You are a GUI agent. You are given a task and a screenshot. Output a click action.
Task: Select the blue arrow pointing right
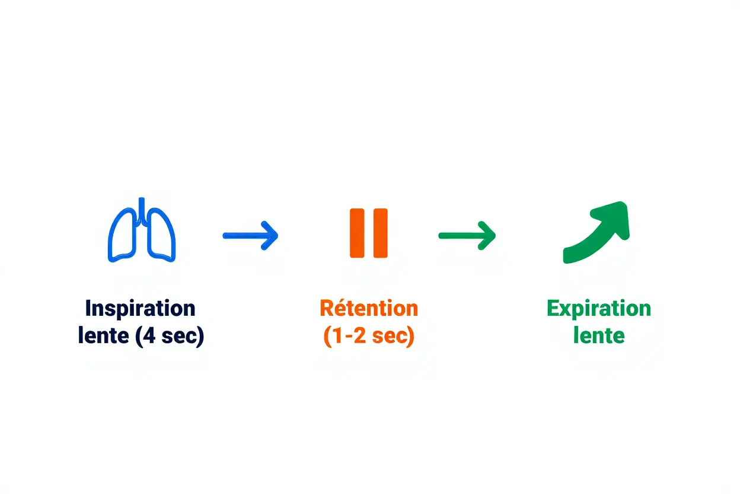coord(250,236)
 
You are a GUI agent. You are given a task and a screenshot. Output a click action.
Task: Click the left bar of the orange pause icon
coord(357,233)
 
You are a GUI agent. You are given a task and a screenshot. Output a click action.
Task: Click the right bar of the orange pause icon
coord(380,233)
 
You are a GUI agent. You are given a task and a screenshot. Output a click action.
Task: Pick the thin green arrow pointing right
coord(467,236)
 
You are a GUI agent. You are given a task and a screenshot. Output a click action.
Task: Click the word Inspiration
coord(141,309)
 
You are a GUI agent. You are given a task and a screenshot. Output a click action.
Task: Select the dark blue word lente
coord(104,336)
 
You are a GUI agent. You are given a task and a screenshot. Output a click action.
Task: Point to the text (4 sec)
coord(170,336)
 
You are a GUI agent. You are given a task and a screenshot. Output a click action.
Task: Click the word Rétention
coord(369,309)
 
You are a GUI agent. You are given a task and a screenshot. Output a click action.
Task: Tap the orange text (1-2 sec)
coord(369,336)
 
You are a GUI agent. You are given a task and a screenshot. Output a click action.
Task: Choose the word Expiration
coord(598,309)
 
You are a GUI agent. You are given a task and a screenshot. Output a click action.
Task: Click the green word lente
coord(598,336)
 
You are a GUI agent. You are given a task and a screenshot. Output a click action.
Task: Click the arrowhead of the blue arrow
coord(270,236)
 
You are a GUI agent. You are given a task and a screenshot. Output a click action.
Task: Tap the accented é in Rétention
coord(342,309)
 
